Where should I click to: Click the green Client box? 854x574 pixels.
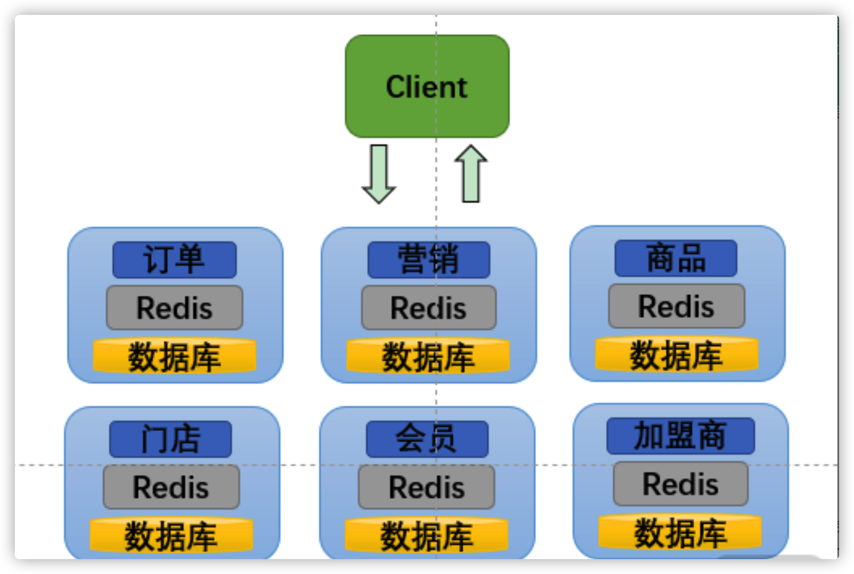pos(427,86)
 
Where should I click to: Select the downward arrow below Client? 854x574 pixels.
pos(379,174)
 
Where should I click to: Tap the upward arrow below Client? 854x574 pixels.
pos(471,174)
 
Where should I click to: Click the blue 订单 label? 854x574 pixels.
pos(174,260)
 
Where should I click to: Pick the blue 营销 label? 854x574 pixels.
pos(429,260)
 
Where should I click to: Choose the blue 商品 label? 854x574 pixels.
pos(676,258)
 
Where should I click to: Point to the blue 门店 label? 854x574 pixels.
pos(170,439)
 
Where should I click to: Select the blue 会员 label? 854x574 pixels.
pos(427,439)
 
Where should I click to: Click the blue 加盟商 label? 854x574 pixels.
pos(681,436)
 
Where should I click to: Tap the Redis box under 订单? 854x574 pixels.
pos(174,308)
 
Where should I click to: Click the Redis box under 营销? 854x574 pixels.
pos(429,308)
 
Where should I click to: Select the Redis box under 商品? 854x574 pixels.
pos(676,306)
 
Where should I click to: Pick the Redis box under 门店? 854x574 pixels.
pos(171,487)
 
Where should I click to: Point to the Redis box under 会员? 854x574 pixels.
pos(426,487)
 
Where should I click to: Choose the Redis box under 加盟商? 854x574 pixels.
pos(681,483)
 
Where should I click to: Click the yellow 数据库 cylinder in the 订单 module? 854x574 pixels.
pos(174,356)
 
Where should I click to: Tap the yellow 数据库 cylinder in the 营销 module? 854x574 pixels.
pos(428,356)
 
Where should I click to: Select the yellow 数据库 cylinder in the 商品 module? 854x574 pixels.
pos(676,355)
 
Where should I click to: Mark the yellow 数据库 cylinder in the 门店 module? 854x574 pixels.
pos(171,535)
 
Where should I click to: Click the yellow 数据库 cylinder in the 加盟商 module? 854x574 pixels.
pos(680,532)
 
